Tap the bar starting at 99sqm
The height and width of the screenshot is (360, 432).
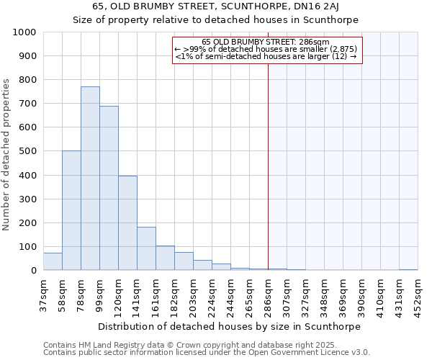[109, 188]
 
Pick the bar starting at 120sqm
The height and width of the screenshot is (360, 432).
[127, 223]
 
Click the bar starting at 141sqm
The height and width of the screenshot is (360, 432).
[146, 248]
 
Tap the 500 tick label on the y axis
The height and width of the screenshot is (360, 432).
[27, 151]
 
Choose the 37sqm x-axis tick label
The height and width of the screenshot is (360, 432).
[43, 292]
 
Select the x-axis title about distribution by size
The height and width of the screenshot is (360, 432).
[230, 326]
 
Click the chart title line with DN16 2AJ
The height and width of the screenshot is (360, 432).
[216, 7]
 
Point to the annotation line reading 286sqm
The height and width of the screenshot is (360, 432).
[266, 42]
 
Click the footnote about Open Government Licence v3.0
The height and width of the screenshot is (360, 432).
[207, 353]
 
